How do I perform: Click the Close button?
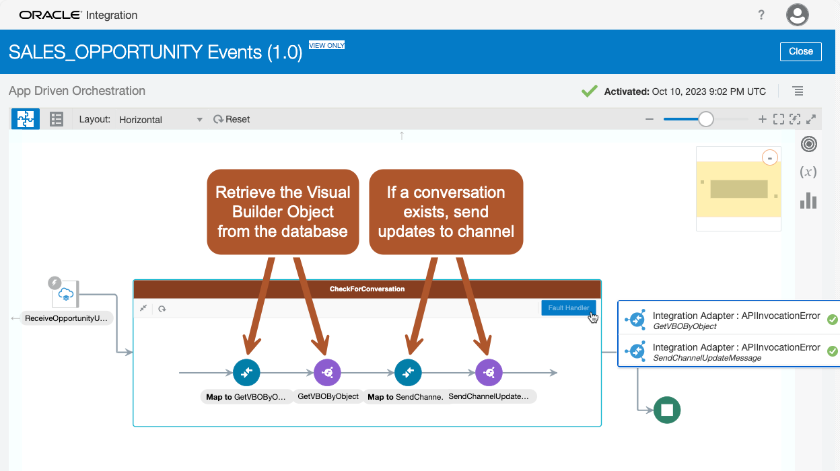pyautogui.click(x=800, y=51)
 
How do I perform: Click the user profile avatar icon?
pyautogui.click(x=798, y=15)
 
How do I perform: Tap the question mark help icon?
pyautogui.click(x=761, y=15)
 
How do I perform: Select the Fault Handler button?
pyautogui.click(x=568, y=307)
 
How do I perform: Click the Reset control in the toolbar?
pyautogui.click(x=232, y=119)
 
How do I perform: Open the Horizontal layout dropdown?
pyautogui.click(x=160, y=120)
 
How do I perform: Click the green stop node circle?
pyautogui.click(x=667, y=409)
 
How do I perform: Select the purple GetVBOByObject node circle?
pyautogui.click(x=327, y=372)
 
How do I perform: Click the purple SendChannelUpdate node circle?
pyautogui.click(x=489, y=372)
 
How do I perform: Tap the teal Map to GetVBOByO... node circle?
pyautogui.click(x=246, y=372)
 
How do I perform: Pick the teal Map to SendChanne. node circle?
pyautogui.click(x=408, y=372)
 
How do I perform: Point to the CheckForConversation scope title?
pyautogui.click(x=367, y=289)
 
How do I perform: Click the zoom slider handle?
pyautogui.click(x=705, y=119)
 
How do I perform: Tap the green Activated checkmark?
pyautogui.click(x=590, y=91)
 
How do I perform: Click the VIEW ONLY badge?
pyautogui.click(x=326, y=45)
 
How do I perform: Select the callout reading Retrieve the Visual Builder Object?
pyautogui.click(x=283, y=212)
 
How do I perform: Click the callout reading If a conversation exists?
pyautogui.click(x=446, y=212)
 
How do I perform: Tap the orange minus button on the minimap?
pyautogui.click(x=770, y=157)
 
